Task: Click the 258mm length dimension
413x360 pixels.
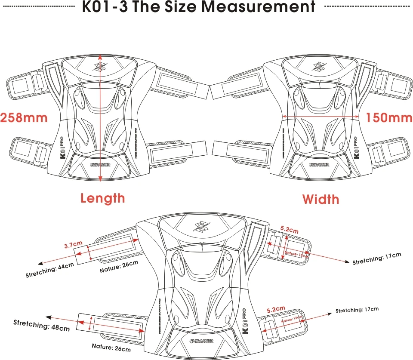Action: coord(24,117)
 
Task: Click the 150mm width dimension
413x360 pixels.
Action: coord(388,117)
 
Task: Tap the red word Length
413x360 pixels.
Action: coord(103,198)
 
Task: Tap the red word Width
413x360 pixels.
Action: coord(321,199)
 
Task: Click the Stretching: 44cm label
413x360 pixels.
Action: coord(49,270)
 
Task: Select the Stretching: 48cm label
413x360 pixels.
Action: coord(41,325)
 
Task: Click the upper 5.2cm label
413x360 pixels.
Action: coord(289,230)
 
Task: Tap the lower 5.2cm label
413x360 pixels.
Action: coord(276,309)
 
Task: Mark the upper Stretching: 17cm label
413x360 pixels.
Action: coord(376,258)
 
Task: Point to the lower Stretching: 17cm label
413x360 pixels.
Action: coord(357,310)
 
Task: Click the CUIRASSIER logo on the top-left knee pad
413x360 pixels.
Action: coord(101,164)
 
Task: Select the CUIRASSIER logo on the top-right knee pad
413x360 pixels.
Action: coord(319,164)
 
